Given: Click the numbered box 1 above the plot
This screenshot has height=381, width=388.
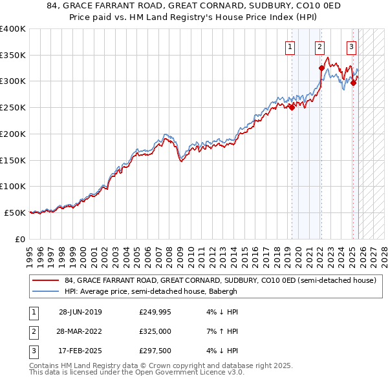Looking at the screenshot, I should click(x=290, y=46).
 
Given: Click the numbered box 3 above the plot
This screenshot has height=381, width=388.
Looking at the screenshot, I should click(x=351, y=46).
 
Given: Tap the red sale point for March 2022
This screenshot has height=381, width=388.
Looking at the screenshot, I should click(x=321, y=68).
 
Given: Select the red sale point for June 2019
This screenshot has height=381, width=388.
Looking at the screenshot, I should click(x=292, y=108).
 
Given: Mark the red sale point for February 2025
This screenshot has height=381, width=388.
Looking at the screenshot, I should click(x=353, y=83).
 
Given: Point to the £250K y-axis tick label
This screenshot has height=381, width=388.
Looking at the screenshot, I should click(x=13, y=107).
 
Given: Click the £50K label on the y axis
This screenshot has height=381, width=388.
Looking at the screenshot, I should click(x=15, y=212).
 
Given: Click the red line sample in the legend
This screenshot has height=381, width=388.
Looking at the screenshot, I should click(x=47, y=281).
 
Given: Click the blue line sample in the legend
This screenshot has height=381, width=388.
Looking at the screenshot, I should click(x=47, y=291).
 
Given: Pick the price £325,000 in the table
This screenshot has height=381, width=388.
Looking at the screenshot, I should click(x=155, y=331).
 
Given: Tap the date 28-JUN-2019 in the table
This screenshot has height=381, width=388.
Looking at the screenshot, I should click(x=80, y=312).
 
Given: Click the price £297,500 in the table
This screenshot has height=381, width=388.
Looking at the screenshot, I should click(x=155, y=351).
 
